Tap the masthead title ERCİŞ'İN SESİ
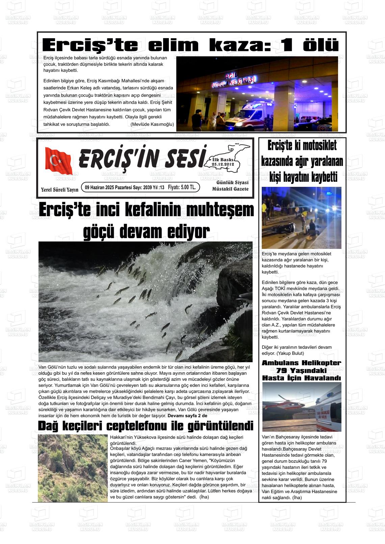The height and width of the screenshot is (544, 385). tap(142, 158)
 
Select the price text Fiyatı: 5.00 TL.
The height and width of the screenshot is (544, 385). tap(182, 188)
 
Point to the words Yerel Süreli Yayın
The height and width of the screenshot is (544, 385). tap(59, 190)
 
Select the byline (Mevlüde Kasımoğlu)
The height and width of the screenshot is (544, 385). tap(152, 124)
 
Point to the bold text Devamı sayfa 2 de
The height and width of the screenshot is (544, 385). tap(189, 416)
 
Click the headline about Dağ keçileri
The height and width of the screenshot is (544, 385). tap(146, 426)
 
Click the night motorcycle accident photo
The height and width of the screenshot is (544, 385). tap(301, 218)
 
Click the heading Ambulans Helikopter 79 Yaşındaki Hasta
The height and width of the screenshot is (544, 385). tap(302, 370)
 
